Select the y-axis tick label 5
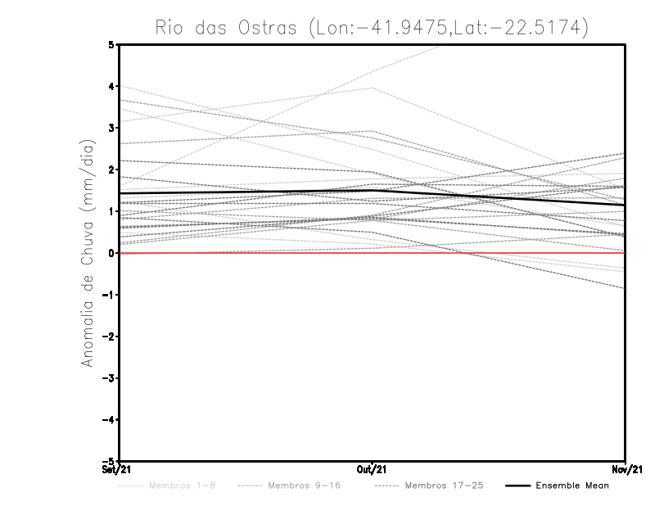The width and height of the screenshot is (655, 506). click(x=112, y=44)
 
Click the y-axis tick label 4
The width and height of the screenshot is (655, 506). click(x=112, y=86)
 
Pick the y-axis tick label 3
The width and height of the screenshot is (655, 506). click(x=112, y=128)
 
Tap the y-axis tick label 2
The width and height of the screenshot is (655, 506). click(x=112, y=169)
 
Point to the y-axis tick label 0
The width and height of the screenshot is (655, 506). click(x=112, y=253)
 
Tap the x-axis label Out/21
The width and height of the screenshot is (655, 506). click(x=373, y=470)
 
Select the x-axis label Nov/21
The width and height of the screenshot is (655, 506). click(x=626, y=470)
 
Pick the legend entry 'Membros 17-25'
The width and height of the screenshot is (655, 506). click(x=444, y=486)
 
